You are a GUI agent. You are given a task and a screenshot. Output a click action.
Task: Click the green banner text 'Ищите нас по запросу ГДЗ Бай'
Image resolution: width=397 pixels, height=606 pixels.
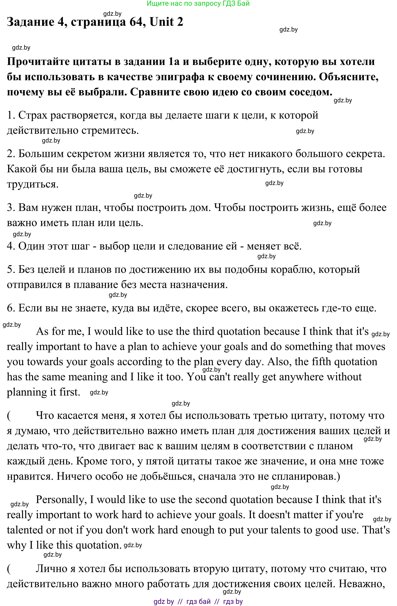(198, 4)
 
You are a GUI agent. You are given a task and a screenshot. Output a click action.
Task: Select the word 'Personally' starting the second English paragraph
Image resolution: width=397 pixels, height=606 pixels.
(60, 499)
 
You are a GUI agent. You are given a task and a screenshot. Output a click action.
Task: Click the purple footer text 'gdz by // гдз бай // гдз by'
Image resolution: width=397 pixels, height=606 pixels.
(198, 601)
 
